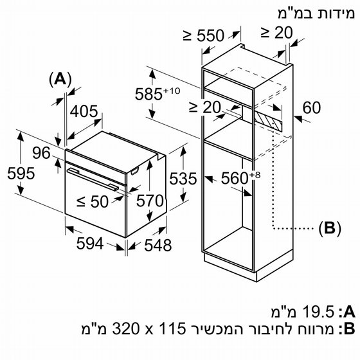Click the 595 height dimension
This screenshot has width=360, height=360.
click(x=21, y=174)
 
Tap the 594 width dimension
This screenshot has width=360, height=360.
click(x=90, y=244)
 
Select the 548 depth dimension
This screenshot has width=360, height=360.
click(x=158, y=245)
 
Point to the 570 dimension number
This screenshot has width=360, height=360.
click(x=150, y=201)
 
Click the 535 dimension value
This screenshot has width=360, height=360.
click(x=183, y=179)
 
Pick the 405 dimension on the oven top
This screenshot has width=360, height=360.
click(x=84, y=111)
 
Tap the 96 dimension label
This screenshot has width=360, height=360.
click(x=41, y=153)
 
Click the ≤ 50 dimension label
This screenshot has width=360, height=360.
click(x=93, y=202)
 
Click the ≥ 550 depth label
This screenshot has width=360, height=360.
click(x=203, y=35)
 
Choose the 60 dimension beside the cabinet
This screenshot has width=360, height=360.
click(x=312, y=107)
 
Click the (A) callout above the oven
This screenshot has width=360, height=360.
click(x=60, y=80)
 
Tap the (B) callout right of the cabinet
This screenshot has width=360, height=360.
click(x=330, y=228)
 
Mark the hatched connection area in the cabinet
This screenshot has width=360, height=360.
click(x=269, y=120)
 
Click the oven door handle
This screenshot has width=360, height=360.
click(x=93, y=179)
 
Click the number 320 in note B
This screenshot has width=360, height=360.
click(x=125, y=328)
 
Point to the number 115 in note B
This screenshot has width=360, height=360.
click(x=172, y=328)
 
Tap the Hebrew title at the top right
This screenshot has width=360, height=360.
click(x=316, y=14)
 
